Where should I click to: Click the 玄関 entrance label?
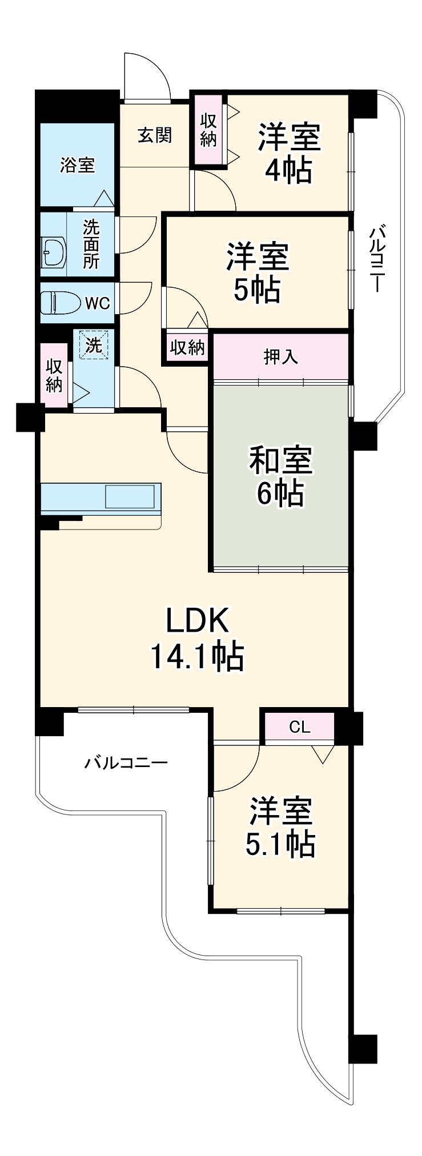click(x=155, y=135)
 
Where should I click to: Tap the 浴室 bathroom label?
click(x=77, y=166)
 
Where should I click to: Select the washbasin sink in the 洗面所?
click(x=54, y=252)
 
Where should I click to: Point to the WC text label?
click(x=97, y=303)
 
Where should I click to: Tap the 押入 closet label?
click(x=280, y=356)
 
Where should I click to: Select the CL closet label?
click(x=299, y=727)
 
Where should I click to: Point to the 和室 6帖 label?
click(x=280, y=476)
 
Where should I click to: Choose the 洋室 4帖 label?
click(x=289, y=152)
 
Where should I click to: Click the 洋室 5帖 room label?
click(x=258, y=272)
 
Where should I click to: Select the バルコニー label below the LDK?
click(x=126, y=762)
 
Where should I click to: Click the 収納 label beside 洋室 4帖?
click(x=208, y=130)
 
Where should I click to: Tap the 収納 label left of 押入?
click(x=187, y=347)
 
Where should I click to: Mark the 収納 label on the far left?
click(x=54, y=375)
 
